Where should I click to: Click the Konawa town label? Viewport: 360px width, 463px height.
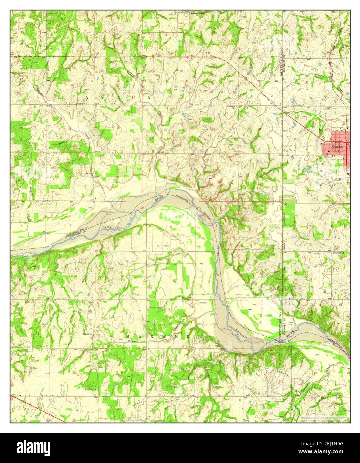pos(337,146)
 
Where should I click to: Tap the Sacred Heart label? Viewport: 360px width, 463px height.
pos(197,14)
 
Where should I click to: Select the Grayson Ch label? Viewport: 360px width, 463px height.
pos(339,252)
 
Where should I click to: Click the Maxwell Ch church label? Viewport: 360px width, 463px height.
pos(90,389)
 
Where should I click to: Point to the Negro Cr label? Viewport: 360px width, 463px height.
pos(341,179)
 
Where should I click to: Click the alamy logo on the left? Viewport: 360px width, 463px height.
pos(30,447)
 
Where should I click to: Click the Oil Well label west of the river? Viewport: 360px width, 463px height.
pos(203,303)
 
